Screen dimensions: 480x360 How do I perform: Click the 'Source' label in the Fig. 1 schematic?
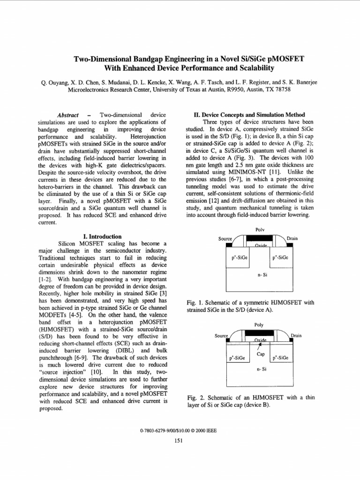226,239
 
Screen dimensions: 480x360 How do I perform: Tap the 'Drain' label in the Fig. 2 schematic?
296,336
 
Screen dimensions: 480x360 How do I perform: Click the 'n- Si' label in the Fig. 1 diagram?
262,275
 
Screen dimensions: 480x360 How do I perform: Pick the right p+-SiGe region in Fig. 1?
280,258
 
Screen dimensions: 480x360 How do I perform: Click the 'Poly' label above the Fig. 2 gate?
259,324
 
